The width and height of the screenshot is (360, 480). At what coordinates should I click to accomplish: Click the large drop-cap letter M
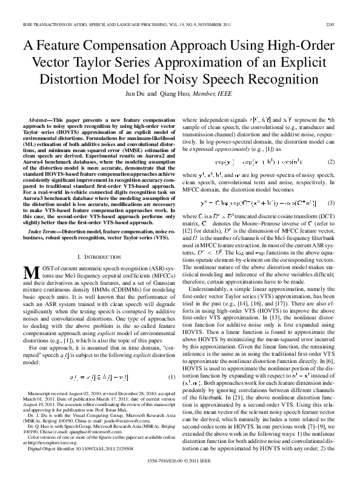pyautogui.click(x=30, y=272)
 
